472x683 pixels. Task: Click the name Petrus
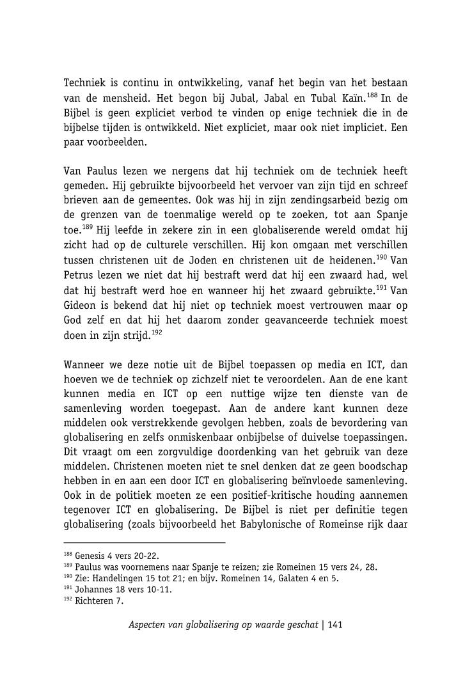coord(80,275)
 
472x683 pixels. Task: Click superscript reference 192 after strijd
coord(157,331)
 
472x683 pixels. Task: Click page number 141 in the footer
coord(334,625)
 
